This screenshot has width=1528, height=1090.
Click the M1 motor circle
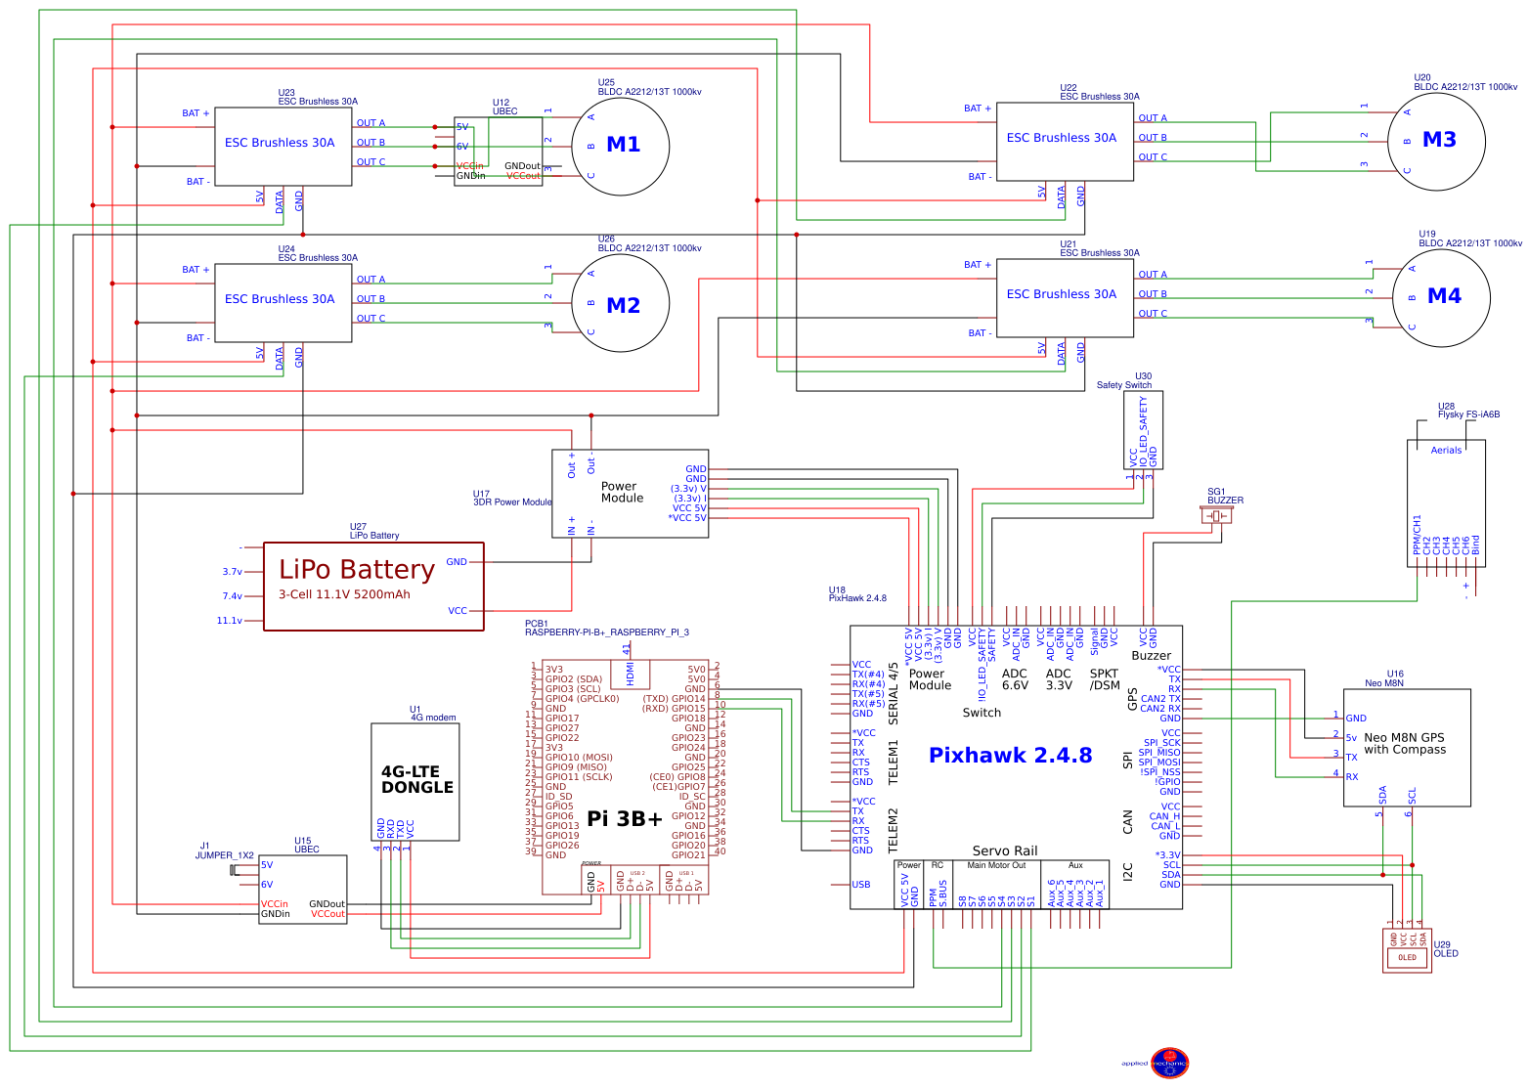point(620,146)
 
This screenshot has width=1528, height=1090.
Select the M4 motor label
point(1444,296)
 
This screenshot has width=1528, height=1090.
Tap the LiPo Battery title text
point(357,570)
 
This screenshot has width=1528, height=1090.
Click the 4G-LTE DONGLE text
point(416,779)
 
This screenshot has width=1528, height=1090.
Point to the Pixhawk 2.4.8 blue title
point(1010,755)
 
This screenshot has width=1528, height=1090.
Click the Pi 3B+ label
point(625,819)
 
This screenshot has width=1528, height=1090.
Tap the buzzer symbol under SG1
point(1216,515)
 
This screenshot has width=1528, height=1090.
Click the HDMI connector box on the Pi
point(629,674)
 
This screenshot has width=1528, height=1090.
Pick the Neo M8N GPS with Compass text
point(1404,744)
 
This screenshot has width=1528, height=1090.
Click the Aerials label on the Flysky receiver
point(1446,451)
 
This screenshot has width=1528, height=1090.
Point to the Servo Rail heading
point(1005,850)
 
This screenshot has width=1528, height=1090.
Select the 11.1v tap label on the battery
point(230,621)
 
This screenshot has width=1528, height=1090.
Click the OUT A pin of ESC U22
point(1153,118)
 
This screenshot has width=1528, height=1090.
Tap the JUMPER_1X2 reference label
point(224,855)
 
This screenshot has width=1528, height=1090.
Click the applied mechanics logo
point(1168,1063)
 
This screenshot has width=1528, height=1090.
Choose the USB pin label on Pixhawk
point(860,885)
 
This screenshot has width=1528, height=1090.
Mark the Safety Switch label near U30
point(1123,385)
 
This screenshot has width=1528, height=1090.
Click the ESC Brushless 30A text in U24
point(280,299)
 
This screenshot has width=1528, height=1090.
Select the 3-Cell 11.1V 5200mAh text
point(344,594)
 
